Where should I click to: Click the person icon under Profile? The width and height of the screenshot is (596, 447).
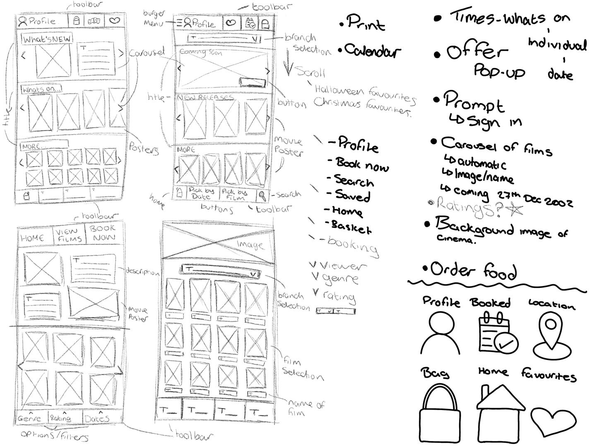440,334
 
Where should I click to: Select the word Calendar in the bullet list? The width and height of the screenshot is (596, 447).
372,51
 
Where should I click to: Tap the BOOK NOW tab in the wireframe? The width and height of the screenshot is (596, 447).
103,233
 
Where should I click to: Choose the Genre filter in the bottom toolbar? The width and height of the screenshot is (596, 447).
30,418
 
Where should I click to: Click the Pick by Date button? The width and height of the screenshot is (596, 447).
201,193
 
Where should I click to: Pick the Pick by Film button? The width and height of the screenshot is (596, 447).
234,194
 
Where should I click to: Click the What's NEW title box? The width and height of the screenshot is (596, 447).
47,39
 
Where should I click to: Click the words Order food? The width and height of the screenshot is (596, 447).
473,271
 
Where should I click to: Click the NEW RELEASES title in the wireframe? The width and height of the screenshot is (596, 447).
205,98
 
